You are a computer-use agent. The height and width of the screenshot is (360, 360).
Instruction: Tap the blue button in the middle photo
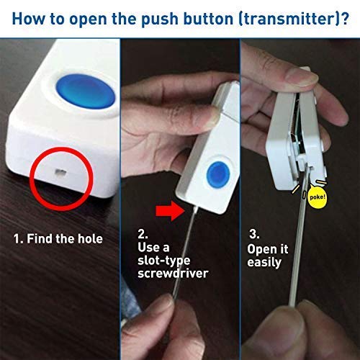(215, 173)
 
